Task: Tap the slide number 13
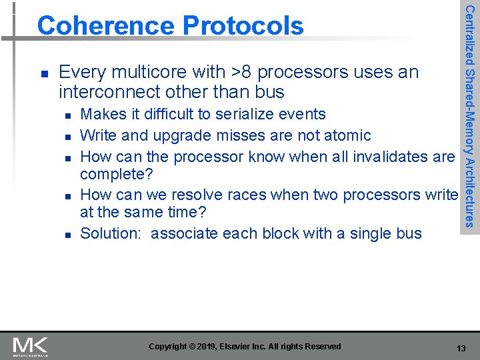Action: [461, 349]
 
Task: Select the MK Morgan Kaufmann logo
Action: [30, 347]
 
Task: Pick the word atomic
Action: [348, 135]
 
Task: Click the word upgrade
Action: [178, 135]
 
